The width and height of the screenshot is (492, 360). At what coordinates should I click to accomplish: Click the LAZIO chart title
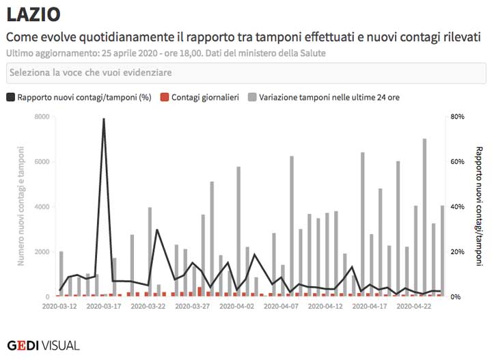click(33, 14)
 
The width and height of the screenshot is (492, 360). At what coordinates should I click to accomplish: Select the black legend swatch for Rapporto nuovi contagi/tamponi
click(10, 98)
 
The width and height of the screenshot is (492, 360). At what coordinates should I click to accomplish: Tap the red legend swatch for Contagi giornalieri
click(164, 98)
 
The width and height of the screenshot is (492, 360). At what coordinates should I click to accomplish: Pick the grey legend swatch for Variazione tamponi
click(252, 98)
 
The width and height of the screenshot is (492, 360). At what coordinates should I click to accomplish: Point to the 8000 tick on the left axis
click(42, 117)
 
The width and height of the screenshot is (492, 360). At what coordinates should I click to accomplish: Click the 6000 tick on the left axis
click(42, 162)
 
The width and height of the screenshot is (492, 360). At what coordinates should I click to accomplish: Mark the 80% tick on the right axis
click(457, 117)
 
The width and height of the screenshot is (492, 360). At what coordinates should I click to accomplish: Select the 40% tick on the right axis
click(457, 207)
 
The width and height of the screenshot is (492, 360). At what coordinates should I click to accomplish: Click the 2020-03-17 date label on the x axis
click(104, 307)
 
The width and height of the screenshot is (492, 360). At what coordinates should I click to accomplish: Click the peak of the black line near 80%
click(104, 119)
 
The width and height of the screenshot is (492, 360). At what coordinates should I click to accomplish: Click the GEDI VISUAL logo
click(43, 345)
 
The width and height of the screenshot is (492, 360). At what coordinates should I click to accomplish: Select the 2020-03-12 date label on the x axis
click(59, 307)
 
